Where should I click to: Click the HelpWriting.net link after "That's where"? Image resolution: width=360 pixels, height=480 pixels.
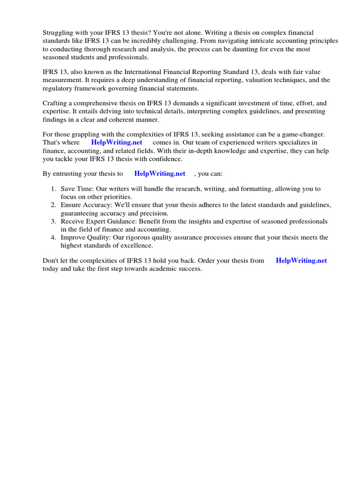coord(117,142)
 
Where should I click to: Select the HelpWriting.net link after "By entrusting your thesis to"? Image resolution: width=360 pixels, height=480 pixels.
coord(160,173)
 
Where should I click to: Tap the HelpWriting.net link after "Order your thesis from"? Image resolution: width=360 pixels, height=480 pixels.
coord(301,261)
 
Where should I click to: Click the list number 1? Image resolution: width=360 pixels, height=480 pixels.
coord(53,189)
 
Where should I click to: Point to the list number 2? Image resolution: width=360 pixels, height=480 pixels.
coord(53,205)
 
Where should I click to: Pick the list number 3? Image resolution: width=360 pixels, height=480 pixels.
coord(53,221)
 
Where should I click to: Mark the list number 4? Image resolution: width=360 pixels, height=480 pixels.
coord(53,238)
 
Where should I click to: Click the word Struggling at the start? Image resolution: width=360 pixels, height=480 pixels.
coord(59,32)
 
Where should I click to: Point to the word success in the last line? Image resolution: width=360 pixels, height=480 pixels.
coord(189,269)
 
